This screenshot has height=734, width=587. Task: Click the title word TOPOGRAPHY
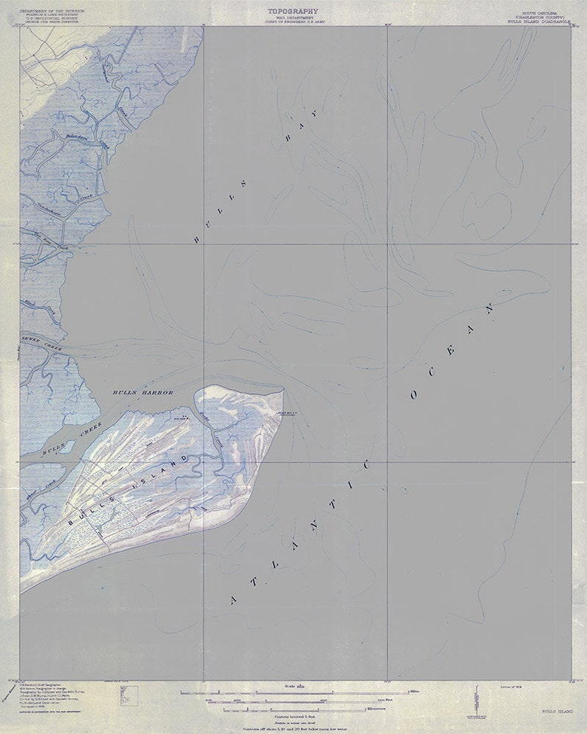(x=293, y=11)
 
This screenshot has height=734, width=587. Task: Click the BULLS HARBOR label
(x=143, y=392)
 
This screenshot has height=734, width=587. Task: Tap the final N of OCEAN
(x=489, y=306)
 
